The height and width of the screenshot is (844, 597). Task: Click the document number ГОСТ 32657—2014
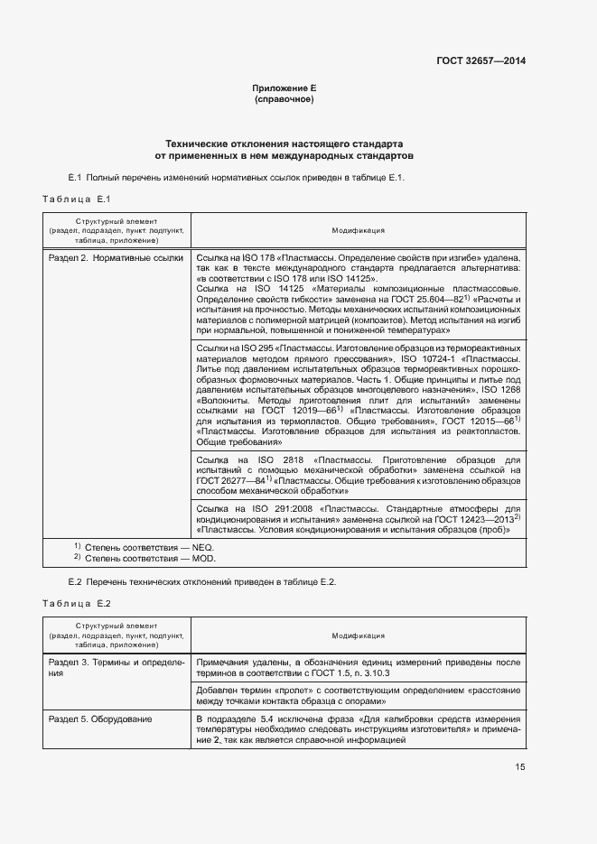[481, 61]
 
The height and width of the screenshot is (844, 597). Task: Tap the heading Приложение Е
[284, 88]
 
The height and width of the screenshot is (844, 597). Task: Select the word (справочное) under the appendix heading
[284, 99]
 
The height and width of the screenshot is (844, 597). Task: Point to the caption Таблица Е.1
[76, 199]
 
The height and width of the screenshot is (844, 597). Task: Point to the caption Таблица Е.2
[76, 602]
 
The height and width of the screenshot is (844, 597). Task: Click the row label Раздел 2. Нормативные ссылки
[115, 258]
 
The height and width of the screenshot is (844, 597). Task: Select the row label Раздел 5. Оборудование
[100, 719]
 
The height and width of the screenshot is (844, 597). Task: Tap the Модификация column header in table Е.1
[358, 231]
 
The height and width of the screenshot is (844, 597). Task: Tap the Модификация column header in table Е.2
[358, 635]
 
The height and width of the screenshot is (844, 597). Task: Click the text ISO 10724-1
[434, 360]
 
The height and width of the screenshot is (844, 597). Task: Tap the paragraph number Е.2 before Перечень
[76, 581]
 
